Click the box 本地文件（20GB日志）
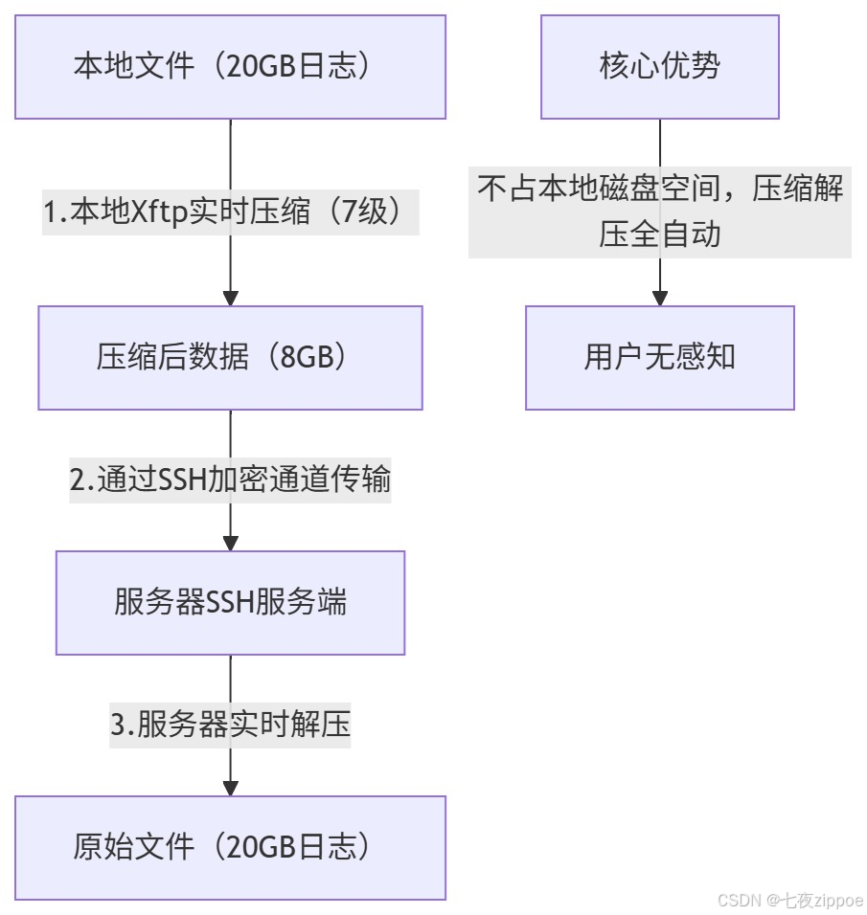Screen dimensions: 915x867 coord(230,67)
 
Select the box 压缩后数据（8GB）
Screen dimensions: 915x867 coord(230,358)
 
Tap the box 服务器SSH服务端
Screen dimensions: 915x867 coord(230,603)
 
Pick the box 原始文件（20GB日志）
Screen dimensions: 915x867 coord(230,848)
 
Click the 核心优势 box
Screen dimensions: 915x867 coord(659,67)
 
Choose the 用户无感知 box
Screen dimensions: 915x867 coord(659,358)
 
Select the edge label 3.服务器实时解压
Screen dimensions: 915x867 coord(230,725)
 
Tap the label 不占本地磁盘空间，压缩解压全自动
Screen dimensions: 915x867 coord(659,212)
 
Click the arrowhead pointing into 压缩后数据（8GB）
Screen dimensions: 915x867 coord(230,298)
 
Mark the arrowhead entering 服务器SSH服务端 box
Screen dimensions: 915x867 coord(230,543)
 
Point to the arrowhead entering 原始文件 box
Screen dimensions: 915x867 coord(230,788)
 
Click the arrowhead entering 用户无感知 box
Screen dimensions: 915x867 coord(659,298)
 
